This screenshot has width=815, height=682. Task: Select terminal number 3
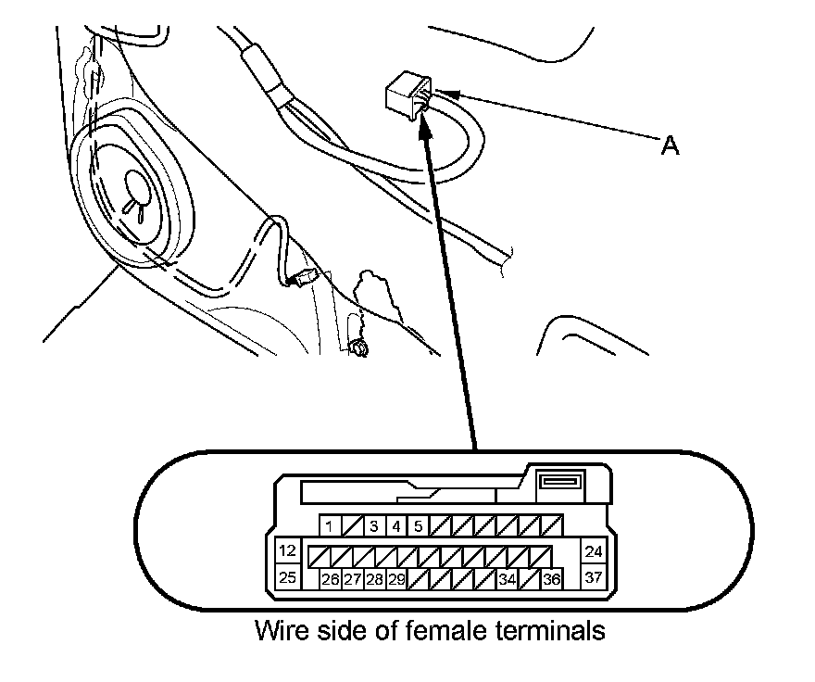373,526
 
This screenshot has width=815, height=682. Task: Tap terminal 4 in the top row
395,526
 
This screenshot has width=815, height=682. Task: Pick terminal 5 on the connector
418,526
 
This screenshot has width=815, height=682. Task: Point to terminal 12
288,551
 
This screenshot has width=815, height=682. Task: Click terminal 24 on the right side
594,551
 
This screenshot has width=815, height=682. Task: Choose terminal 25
288,578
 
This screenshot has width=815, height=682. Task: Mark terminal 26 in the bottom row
330,580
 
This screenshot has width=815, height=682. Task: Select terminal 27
352,580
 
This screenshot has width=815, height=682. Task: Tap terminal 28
374,580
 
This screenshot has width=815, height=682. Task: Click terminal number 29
396,580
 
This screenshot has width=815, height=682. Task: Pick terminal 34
507,580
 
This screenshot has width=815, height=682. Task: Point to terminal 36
551,580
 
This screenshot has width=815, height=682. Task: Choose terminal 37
594,578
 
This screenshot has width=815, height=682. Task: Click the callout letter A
669,145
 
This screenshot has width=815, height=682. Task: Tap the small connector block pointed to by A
405,95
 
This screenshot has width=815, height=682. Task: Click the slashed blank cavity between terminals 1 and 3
351,526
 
